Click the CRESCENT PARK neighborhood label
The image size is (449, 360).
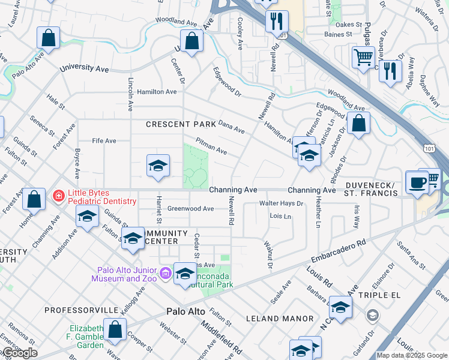[181, 124]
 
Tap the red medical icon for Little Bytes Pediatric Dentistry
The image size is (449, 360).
[58, 195]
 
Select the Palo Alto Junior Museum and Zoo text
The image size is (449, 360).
[124, 274]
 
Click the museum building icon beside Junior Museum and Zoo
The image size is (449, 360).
[166, 275]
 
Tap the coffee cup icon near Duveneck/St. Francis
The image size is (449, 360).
[417, 181]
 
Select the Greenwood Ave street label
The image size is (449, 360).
[190, 209]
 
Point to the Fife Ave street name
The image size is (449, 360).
[104, 141]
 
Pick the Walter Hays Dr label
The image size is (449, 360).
[281, 204]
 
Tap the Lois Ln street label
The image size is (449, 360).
[280, 215]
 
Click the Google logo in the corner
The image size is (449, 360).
[19, 353]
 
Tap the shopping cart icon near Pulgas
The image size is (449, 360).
[363, 58]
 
